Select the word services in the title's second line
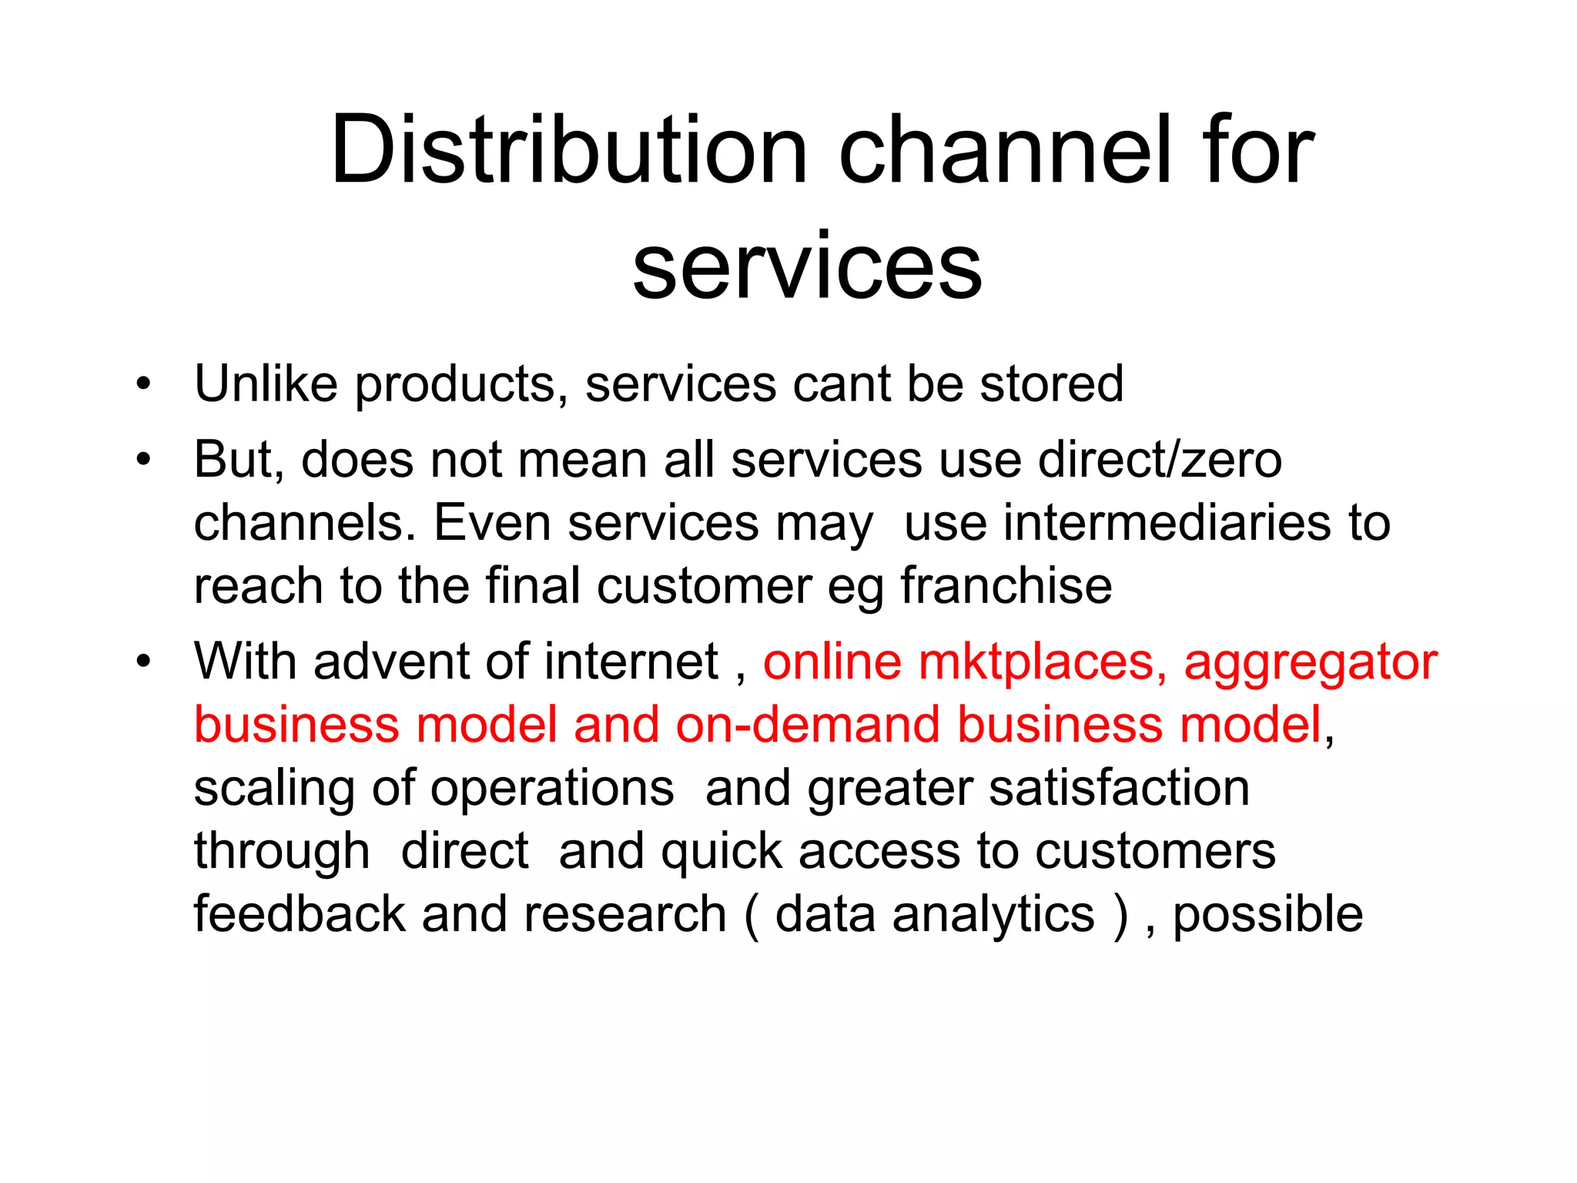pyautogui.click(x=807, y=266)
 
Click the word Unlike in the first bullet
pyautogui.click(x=266, y=384)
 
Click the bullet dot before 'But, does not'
pyautogui.click(x=143, y=460)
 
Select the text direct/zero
pyautogui.click(x=1160, y=460)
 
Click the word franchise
pyautogui.click(x=1006, y=586)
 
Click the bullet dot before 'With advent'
pyautogui.click(x=143, y=662)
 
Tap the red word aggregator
pyautogui.click(x=1310, y=662)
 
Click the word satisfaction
pyautogui.click(x=1119, y=788)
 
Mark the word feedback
pyautogui.click(x=299, y=914)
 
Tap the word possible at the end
pyautogui.click(x=1267, y=914)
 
